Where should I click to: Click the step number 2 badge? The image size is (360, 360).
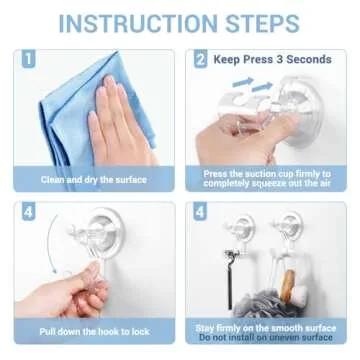click(200, 60)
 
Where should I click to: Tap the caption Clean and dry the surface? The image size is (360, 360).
click(93, 181)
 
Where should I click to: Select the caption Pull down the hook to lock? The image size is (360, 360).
click(93, 329)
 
